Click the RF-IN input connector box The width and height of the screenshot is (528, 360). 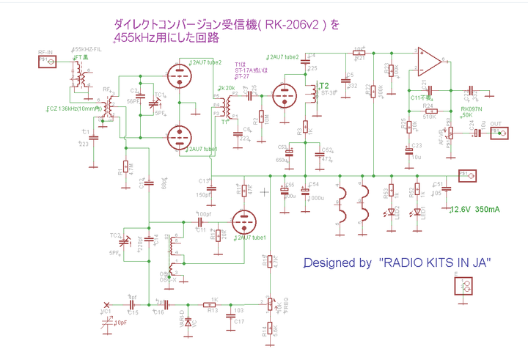point(45,63)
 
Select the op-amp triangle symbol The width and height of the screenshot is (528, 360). point(430,58)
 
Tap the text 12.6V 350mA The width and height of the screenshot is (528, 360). point(475,210)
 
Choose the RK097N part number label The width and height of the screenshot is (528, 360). point(471,109)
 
